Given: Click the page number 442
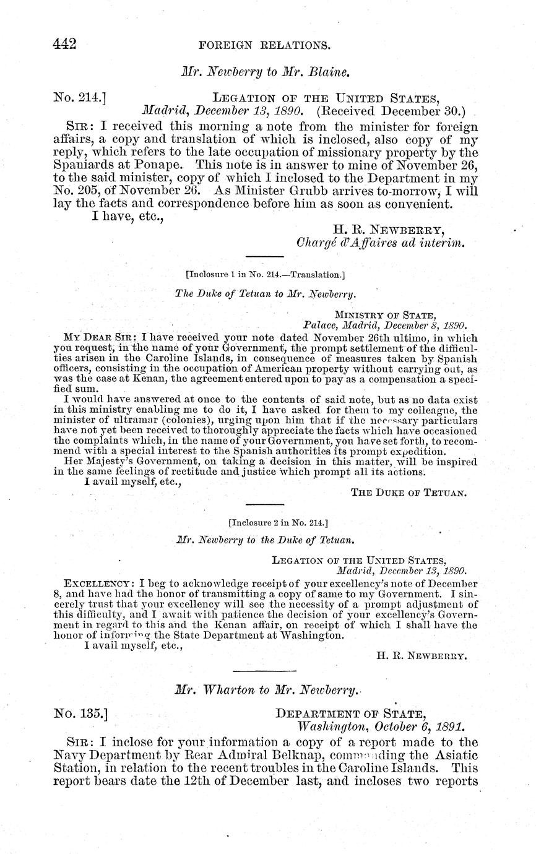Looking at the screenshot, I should coord(64,44).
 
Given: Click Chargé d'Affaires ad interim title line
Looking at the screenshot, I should coord(380,243).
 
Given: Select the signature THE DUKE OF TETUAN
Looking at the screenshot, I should coord(408,493).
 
